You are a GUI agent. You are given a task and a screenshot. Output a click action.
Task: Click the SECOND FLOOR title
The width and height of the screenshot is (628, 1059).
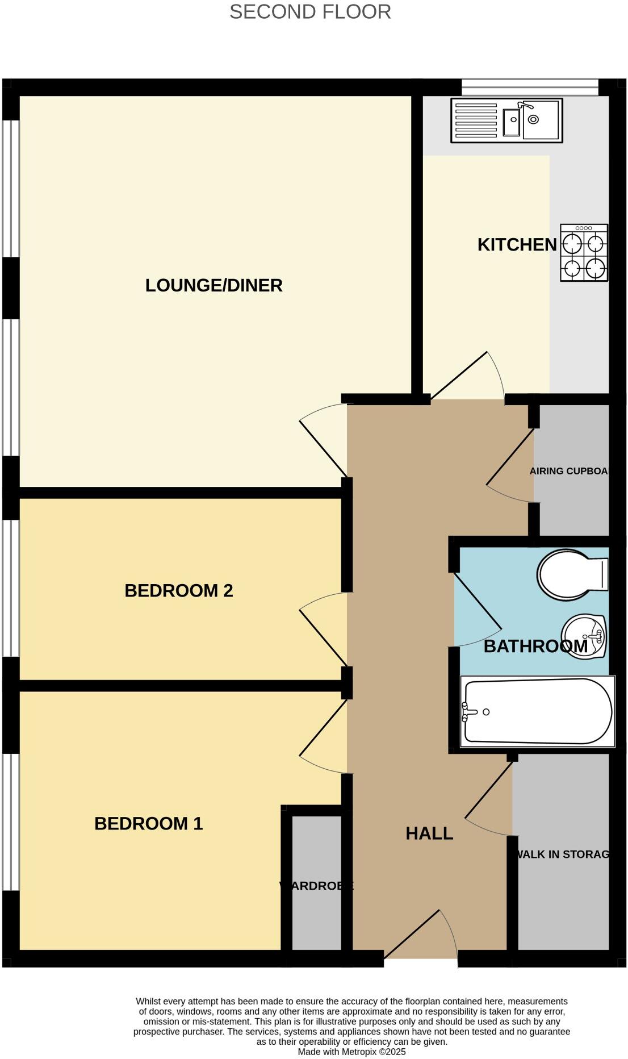310,12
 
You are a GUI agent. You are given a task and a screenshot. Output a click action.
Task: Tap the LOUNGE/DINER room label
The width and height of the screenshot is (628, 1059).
213,285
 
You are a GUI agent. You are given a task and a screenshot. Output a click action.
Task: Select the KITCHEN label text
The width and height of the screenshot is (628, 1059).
517,245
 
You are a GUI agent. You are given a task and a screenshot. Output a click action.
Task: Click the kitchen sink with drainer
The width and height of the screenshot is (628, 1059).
506,120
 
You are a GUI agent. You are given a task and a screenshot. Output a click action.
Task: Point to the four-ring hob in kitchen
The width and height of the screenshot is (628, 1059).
584,253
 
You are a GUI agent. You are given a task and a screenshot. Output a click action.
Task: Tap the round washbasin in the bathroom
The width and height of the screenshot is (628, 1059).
584,637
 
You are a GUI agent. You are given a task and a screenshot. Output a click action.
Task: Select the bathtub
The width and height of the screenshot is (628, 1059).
537,711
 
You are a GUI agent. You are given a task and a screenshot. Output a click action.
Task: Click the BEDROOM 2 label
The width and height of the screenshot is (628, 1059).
179,591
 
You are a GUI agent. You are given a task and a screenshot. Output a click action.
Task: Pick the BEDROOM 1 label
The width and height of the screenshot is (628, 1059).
148,824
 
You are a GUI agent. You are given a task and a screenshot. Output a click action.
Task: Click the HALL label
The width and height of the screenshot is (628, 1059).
429,833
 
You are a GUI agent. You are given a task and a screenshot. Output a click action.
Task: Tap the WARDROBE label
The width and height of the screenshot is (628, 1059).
316,886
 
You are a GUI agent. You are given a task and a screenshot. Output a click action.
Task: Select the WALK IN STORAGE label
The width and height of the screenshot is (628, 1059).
562,854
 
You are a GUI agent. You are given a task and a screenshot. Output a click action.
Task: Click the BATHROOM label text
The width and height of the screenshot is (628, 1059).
535,647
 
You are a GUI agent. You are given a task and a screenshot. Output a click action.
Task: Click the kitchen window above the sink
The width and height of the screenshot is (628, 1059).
529,87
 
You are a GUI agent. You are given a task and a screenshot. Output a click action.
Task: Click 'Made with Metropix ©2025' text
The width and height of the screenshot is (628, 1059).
351,1052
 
